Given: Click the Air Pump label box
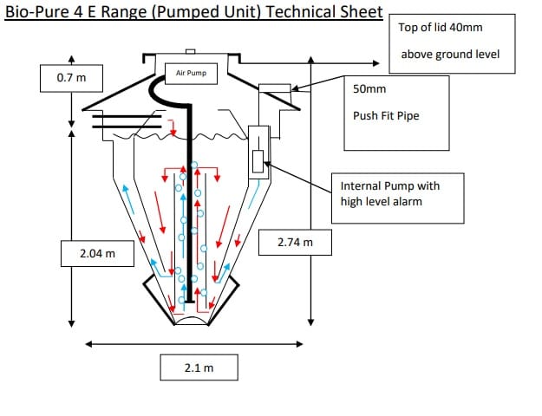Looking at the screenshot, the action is click(191, 74).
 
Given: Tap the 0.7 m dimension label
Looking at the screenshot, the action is click(71, 78).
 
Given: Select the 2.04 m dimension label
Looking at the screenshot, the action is click(97, 254).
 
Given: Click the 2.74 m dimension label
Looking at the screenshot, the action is click(295, 242).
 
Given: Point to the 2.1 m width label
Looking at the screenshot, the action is click(199, 367).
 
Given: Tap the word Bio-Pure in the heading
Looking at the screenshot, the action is click(37, 12).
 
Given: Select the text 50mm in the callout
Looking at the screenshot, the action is click(369, 89).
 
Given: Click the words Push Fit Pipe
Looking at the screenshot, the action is click(386, 115).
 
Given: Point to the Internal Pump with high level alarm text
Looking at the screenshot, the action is click(390, 194).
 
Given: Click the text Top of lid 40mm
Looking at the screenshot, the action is click(440, 27).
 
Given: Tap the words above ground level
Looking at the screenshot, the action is click(450, 55).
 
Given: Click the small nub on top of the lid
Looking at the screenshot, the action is click(191, 51).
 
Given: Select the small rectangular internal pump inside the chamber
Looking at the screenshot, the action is click(258, 161).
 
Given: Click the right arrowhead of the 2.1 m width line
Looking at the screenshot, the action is click(300, 344).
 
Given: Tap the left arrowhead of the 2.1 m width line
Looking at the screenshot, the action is click(88, 344).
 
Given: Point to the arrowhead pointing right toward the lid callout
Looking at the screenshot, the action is click(376, 63).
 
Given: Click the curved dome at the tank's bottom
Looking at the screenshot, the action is click(192, 319).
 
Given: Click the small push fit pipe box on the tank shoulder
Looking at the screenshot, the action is click(275, 88).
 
